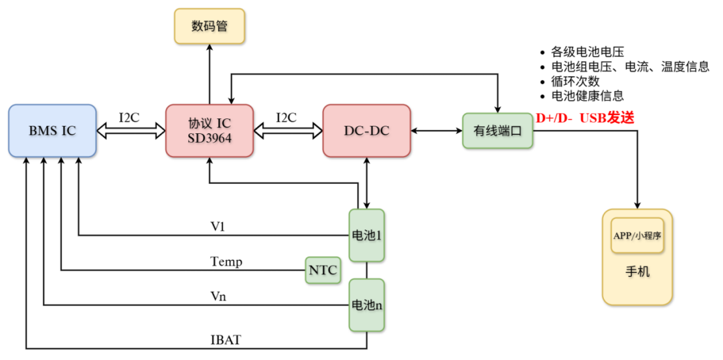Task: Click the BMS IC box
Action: [x=52, y=131]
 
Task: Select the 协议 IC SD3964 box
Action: [x=210, y=131]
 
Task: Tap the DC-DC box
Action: [x=366, y=131]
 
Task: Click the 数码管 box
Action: [x=210, y=26]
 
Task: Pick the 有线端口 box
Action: [x=497, y=131]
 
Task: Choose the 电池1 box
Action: [x=367, y=236]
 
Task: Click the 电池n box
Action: [x=367, y=305]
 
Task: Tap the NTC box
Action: [x=322, y=270]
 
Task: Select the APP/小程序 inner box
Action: [x=637, y=236]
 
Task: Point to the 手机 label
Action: [x=637, y=272]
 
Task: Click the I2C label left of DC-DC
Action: [x=287, y=117]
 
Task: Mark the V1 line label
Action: [x=218, y=227]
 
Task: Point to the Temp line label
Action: [x=226, y=262]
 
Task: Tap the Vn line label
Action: [x=218, y=296]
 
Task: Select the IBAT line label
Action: [x=225, y=340]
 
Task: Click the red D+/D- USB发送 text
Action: [x=584, y=118]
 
